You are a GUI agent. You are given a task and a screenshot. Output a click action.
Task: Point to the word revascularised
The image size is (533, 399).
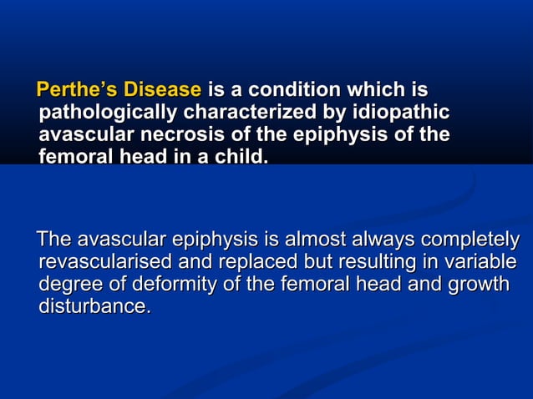click(x=101, y=263)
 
